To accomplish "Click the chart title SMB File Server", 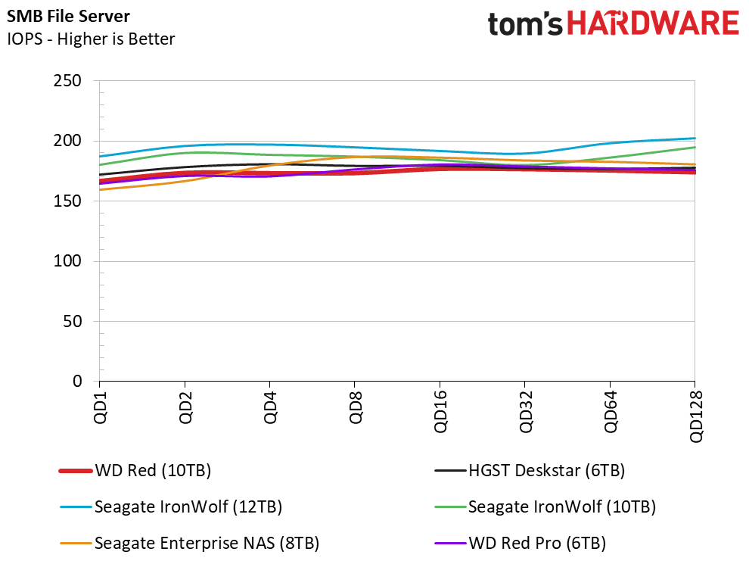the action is click(68, 16).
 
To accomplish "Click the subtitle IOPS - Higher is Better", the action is click(91, 39).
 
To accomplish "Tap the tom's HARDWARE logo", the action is click(614, 23).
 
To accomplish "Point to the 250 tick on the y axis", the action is click(67, 81).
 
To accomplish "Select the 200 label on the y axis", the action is click(67, 141).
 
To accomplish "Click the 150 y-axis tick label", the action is click(67, 201).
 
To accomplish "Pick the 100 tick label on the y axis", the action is click(67, 261).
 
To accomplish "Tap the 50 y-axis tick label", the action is click(72, 322).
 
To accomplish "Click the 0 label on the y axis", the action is click(77, 382).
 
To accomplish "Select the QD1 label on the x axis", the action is click(101, 407).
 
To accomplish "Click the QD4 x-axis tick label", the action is click(270, 407).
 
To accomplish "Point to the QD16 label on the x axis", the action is click(440, 411).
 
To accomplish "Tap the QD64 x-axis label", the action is click(611, 411).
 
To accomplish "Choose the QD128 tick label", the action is click(696, 416).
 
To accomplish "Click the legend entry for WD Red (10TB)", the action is click(135, 471).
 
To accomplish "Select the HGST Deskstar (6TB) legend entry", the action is click(530, 471).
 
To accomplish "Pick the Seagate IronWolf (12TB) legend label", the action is click(171, 506).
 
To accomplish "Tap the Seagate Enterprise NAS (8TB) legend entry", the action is click(190, 544).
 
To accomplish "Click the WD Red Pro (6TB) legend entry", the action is click(521, 544).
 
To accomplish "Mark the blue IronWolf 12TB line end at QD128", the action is click(695, 139).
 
